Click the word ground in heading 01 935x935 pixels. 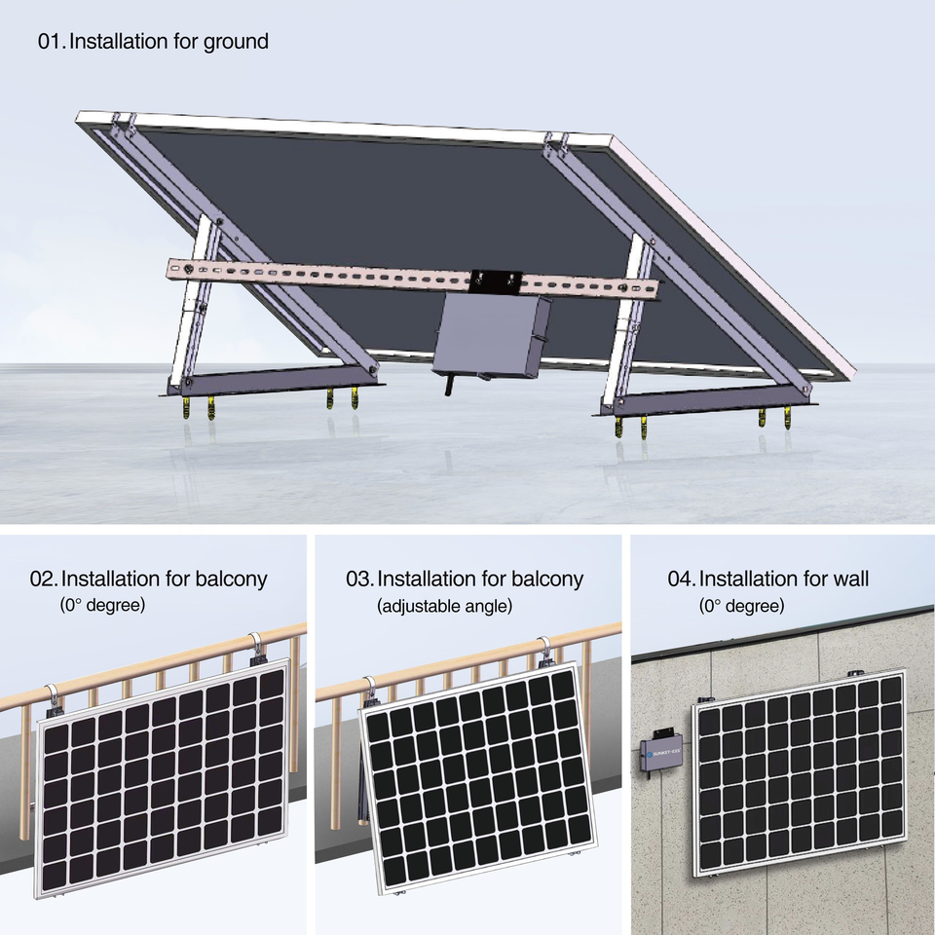[x=236, y=42]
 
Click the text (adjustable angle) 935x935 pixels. [x=444, y=606]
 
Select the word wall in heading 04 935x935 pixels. [x=844, y=579]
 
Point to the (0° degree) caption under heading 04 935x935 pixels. [x=741, y=606]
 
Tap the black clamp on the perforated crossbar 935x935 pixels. [x=497, y=282]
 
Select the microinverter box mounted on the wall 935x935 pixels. [x=662, y=757]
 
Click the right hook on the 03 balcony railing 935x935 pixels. [x=545, y=652]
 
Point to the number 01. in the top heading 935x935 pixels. [x=51, y=42]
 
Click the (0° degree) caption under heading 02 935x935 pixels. [x=102, y=606]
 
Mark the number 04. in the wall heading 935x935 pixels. [x=681, y=579]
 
